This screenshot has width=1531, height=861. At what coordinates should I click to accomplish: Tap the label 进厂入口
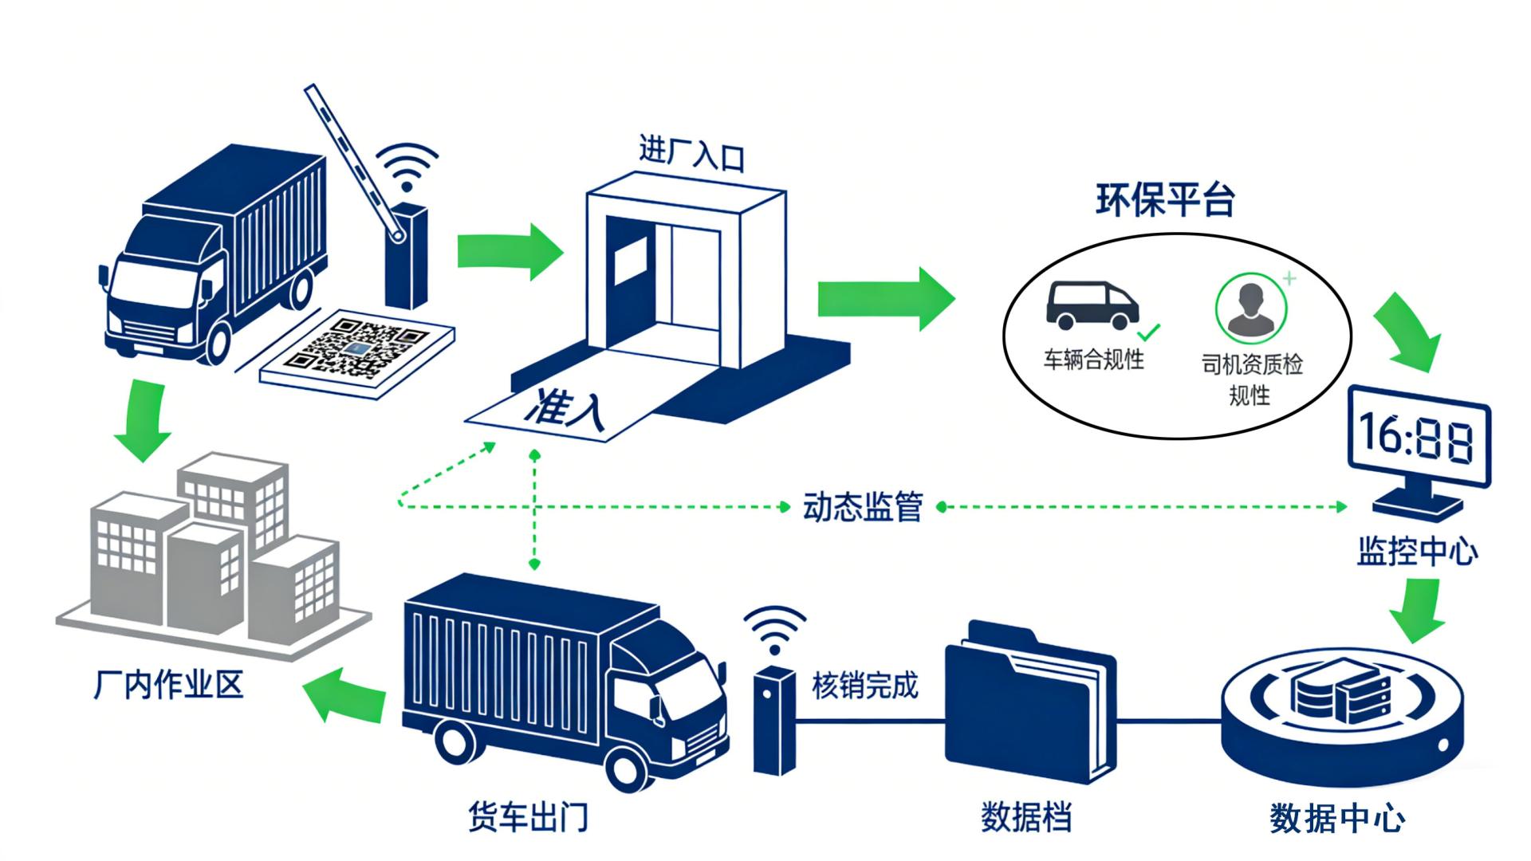[691, 153]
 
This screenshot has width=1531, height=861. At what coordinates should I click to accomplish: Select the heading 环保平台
[1164, 200]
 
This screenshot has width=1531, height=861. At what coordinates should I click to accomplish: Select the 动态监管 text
[862, 507]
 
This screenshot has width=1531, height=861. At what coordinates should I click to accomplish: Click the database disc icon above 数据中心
[1343, 702]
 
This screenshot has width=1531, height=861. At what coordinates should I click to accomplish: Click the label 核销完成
[864, 686]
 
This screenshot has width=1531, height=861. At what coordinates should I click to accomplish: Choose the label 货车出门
[527, 817]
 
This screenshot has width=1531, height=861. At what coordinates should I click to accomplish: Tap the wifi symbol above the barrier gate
[407, 167]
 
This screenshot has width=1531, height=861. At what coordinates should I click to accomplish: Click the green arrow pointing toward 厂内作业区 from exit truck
[344, 693]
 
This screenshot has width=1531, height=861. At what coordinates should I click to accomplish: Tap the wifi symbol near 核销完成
[774, 630]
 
